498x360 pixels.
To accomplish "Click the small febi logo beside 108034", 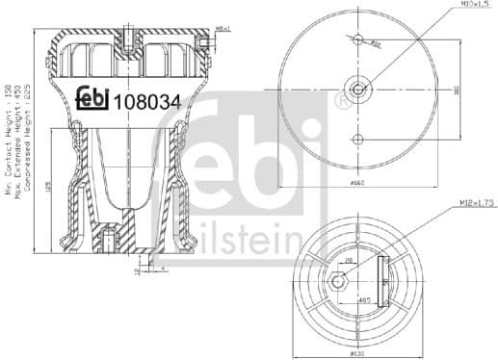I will pyautogui.click(x=92, y=98).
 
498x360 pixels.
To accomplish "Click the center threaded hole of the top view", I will pyautogui.click(x=358, y=90).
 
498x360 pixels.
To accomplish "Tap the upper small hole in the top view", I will pyautogui.click(x=358, y=40).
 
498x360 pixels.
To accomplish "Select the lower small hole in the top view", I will pyautogui.click(x=358, y=140).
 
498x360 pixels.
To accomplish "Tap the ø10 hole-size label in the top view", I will pyautogui.click(x=377, y=44).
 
